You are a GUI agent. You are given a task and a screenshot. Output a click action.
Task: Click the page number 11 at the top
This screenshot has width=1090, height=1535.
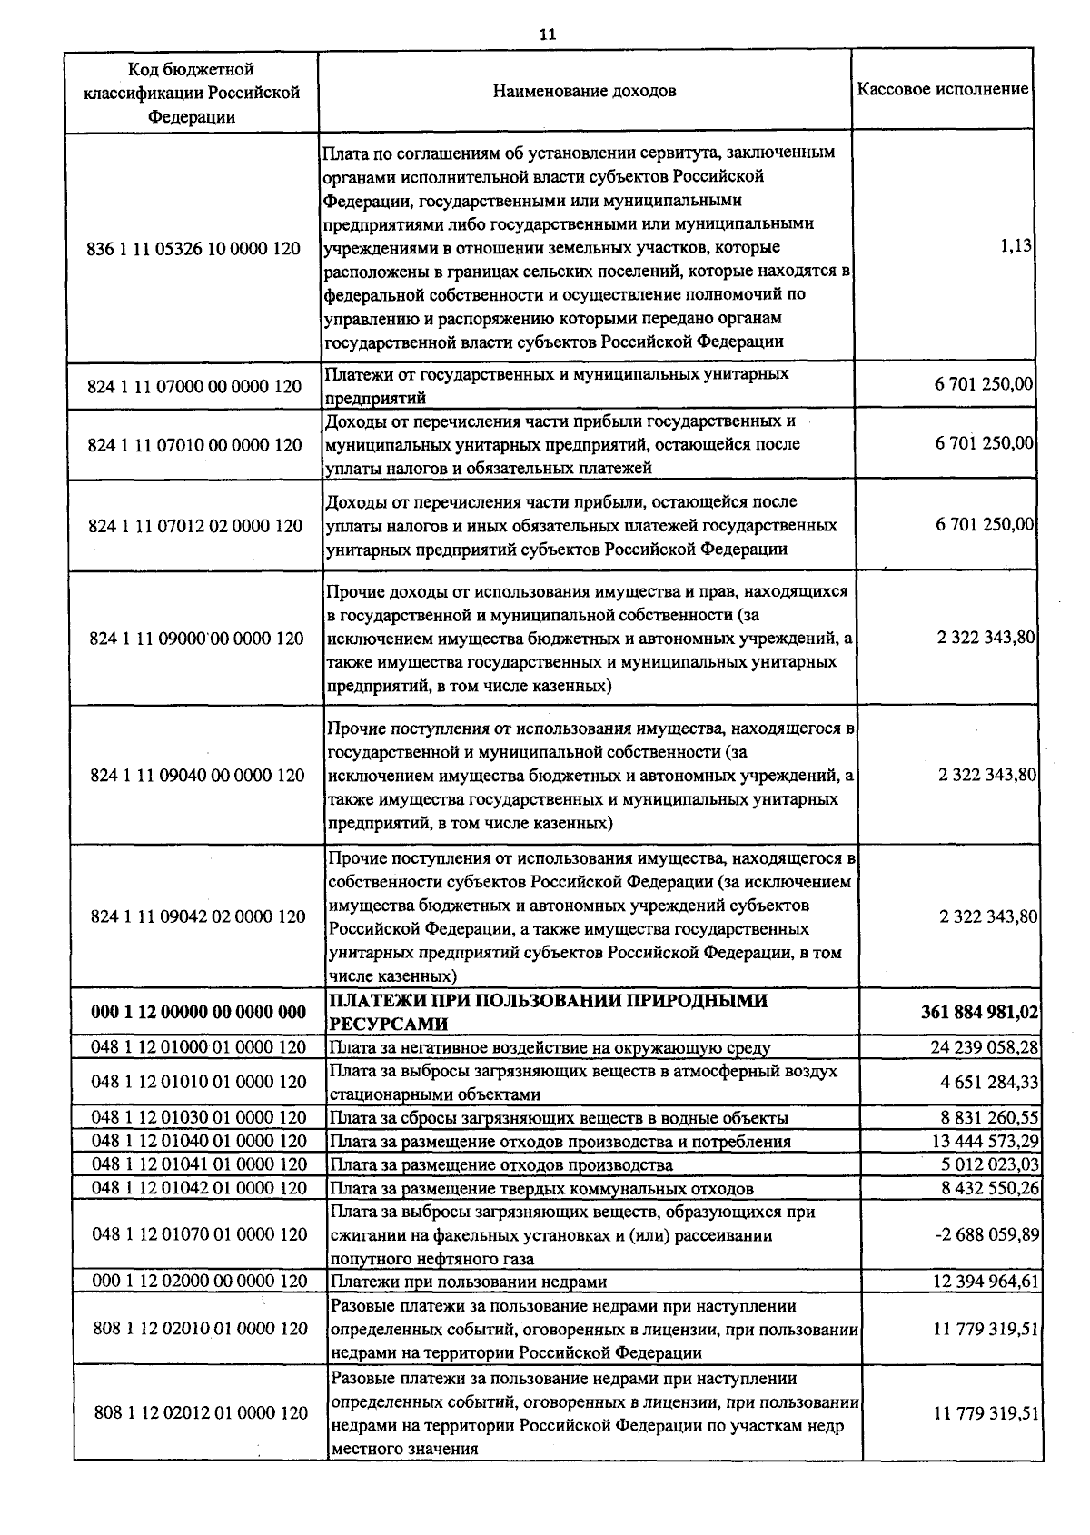(547, 35)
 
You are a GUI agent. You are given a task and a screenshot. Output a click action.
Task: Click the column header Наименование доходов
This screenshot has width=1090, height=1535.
(584, 91)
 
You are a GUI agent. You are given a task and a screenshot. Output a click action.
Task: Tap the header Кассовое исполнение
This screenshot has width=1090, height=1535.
(943, 89)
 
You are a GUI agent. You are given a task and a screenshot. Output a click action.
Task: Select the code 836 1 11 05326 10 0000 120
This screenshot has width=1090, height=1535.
(193, 248)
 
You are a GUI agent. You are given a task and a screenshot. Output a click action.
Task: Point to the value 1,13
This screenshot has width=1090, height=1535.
(1016, 246)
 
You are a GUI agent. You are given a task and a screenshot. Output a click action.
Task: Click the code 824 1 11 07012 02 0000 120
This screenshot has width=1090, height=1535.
(195, 526)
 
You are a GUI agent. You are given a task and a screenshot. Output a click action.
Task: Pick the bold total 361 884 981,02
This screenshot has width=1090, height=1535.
(980, 1012)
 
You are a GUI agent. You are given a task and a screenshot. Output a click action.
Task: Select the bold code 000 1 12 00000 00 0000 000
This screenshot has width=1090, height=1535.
(198, 1012)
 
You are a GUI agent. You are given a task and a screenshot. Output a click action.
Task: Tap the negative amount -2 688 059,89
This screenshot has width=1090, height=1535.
(986, 1234)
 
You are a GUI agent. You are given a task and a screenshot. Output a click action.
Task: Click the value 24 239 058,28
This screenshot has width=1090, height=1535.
(984, 1047)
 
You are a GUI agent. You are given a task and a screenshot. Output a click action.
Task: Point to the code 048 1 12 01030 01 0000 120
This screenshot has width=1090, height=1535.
(199, 1117)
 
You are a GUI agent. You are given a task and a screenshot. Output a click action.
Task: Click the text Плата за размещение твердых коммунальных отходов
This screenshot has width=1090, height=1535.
(541, 1188)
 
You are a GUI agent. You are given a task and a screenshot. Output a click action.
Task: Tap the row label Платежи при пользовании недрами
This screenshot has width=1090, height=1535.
(468, 1282)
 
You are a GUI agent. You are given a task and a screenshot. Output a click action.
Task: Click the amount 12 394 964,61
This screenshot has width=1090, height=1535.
(986, 1282)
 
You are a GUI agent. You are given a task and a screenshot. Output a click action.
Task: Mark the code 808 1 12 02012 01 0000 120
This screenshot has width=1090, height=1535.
(201, 1413)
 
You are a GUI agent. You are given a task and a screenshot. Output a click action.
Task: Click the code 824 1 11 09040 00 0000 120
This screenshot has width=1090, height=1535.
(197, 775)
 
